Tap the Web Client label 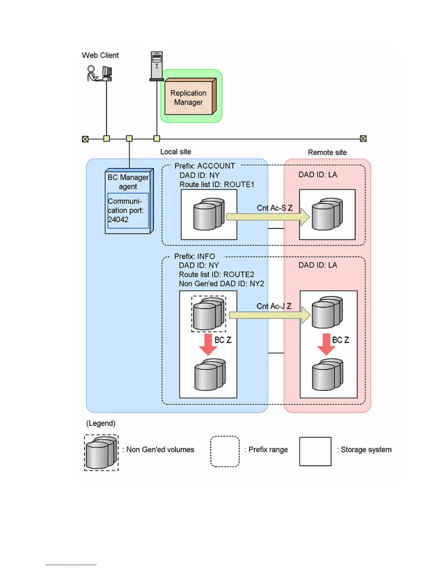pos(100,55)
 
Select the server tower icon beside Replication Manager pos(156,66)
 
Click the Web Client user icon pos(92,73)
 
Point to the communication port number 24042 pos(118,219)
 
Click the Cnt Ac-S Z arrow pos(268,217)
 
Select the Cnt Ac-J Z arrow pos(269,315)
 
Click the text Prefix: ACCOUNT pos(204,166)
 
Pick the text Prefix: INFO pos(194,256)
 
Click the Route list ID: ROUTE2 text pos(216,275)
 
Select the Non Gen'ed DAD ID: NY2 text pos(221,284)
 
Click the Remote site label pos(327,152)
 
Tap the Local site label pos(175,152)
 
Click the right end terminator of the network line pos(363,139)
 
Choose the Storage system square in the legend pos(315,451)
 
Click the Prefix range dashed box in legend pos(225,451)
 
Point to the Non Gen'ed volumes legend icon pos(101,453)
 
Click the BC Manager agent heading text pos(128,182)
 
